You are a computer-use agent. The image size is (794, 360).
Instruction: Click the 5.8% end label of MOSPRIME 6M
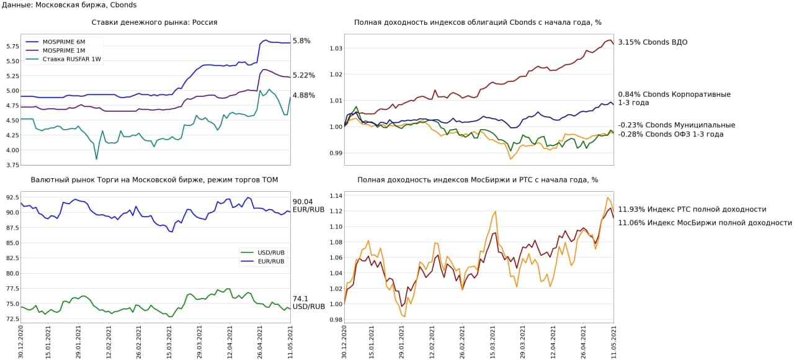[x=301, y=41]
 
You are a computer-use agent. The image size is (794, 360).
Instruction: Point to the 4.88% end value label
[x=303, y=96]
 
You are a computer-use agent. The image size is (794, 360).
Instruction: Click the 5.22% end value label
[x=303, y=76]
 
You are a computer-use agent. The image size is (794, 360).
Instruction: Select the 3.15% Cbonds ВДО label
[x=653, y=42]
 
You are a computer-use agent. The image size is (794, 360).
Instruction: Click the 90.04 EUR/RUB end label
[x=308, y=206]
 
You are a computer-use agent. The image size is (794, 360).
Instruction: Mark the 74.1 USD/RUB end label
[x=308, y=302]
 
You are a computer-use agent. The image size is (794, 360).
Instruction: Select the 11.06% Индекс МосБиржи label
[x=705, y=223]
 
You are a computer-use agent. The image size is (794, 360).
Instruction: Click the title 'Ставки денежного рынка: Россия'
[x=154, y=22]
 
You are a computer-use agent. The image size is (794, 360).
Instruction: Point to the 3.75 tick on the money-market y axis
[x=11, y=165]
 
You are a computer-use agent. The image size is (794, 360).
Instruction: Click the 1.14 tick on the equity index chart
[x=336, y=196]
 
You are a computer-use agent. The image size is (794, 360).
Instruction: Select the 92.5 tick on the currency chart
[x=11, y=197]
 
